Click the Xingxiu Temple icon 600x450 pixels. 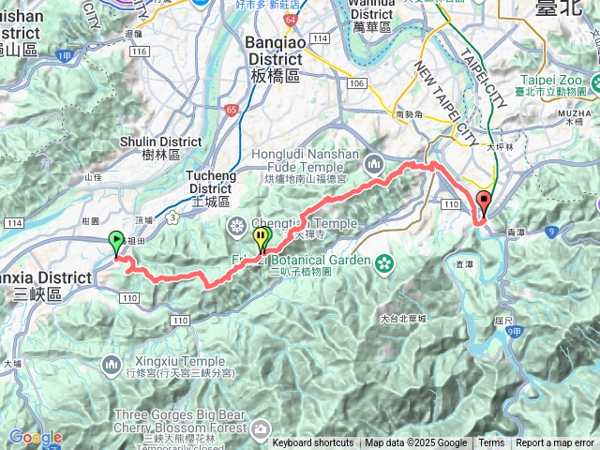coord(112,362)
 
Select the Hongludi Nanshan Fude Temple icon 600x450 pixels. coord(375,163)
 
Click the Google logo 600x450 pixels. coord(36,437)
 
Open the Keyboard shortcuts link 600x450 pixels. coord(313,443)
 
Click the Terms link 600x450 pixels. coord(490,443)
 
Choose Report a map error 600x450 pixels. coord(554,443)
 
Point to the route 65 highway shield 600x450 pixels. coord(232,111)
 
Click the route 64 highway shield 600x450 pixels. coord(292,19)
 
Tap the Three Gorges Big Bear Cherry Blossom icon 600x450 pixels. coord(260,429)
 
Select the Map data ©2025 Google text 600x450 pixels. coord(415,443)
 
